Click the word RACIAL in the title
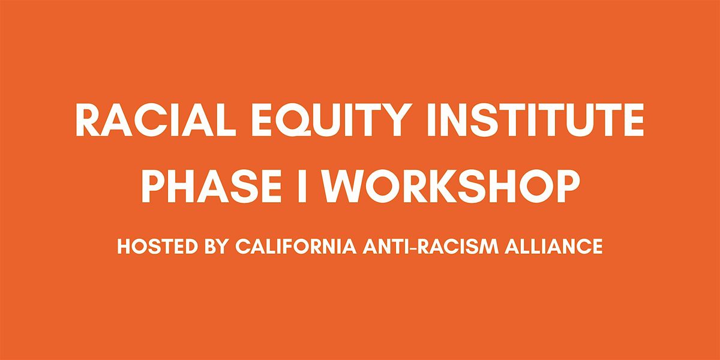pos(155,120)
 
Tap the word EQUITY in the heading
pos(331,120)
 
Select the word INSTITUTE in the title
pos(536,120)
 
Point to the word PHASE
pos(212,186)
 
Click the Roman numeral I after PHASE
pos(302,186)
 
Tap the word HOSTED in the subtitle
pos(157,246)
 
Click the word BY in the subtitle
pos(217,246)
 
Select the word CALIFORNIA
pos(296,246)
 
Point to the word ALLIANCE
pos(553,246)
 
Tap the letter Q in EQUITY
pos(294,120)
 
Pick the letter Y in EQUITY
pos(396,120)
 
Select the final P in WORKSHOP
pos(566,186)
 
